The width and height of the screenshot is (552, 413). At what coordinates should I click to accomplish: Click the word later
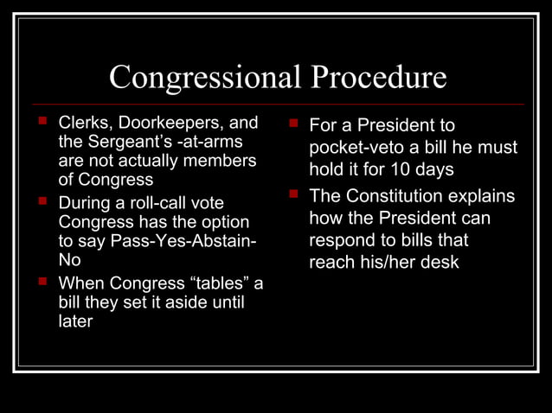(75, 321)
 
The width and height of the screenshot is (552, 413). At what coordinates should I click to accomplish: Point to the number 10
(404, 169)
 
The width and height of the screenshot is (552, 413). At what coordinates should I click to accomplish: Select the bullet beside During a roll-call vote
(41, 203)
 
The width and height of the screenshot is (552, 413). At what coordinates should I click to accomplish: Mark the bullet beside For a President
(293, 124)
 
